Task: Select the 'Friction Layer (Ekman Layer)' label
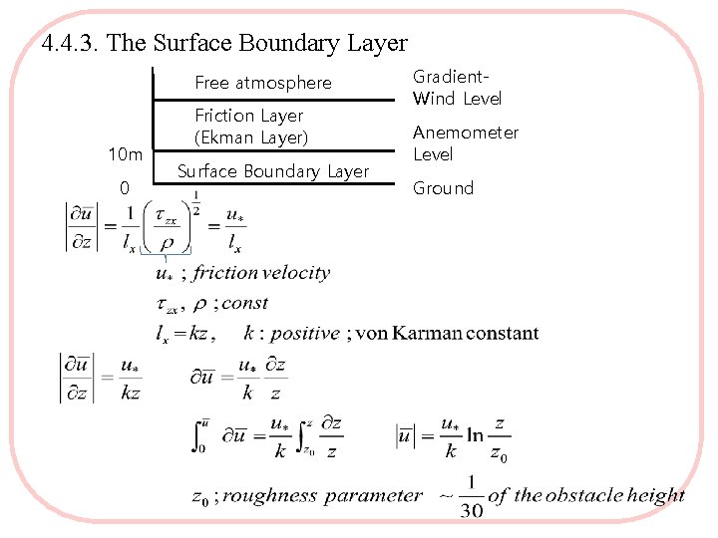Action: coord(250,127)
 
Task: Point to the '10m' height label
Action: coord(125,155)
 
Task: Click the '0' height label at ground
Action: coord(124,188)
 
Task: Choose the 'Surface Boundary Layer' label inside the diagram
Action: coord(272,171)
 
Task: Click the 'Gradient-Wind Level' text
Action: coord(457,88)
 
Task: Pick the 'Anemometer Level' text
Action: coord(466,143)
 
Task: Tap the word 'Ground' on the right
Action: coord(443,188)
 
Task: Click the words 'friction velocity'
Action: coord(261,273)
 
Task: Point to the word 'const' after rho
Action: coord(245,303)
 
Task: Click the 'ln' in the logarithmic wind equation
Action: coord(475,435)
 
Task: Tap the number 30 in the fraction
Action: coord(472,510)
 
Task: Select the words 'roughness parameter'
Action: coord(323,495)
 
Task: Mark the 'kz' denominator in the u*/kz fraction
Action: coord(131,394)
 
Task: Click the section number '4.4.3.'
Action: coord(72,43)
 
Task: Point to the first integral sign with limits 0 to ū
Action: coord(199,434)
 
